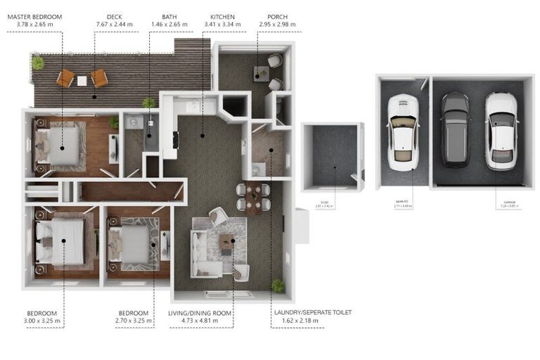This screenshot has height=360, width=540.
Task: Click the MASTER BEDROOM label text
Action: tap(34, 16)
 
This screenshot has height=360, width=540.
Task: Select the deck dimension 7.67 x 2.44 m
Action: tap(115, 25)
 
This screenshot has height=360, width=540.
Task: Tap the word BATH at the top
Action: tap(169, 16)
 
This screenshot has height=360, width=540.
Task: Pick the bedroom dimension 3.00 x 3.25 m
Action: tap(42, 321)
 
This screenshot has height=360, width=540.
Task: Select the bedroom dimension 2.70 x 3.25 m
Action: tap(132, 321)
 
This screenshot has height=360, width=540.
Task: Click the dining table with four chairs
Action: tap(253, 198)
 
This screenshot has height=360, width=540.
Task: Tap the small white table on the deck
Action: tap(82, 81)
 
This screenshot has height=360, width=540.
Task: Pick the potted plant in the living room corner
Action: tap(278, 285)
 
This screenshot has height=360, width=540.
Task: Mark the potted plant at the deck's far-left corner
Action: tap(37, 63)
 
